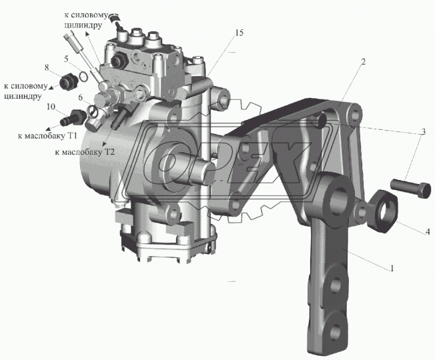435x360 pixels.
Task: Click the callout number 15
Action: point(239,33)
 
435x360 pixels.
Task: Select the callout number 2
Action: point(363,61)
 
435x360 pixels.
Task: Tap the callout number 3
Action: point(423,132)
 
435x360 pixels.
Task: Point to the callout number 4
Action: point(428,231)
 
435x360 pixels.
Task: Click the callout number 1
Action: point(392,268)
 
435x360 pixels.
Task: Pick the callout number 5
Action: point(66,59)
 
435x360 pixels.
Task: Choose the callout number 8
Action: point(47,67)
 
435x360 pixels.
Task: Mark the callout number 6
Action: point(81,97)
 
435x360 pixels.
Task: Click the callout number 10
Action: point(51,107)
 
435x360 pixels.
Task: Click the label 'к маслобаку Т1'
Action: point(47,136)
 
